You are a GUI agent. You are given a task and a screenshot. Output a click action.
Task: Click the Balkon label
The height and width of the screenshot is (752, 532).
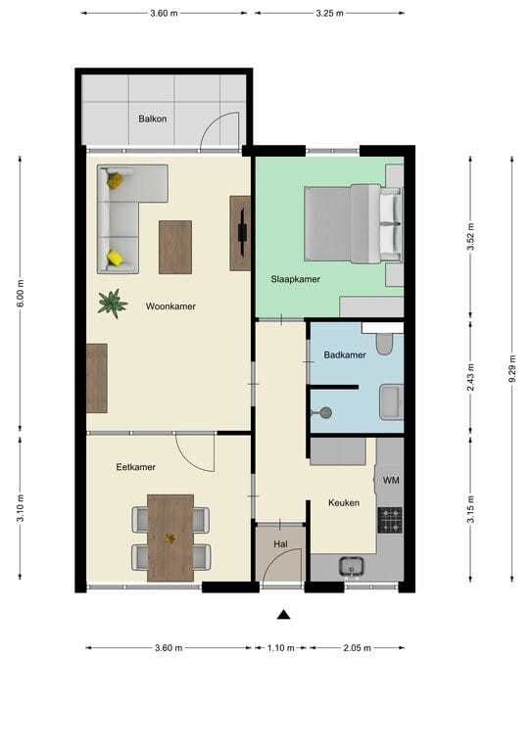[153, 118]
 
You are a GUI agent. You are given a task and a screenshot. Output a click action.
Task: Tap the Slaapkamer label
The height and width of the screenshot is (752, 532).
[296, 279]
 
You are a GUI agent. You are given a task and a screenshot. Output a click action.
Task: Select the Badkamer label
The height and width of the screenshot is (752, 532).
[345, 354]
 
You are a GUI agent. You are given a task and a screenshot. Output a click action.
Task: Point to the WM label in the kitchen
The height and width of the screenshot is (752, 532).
[391, 480]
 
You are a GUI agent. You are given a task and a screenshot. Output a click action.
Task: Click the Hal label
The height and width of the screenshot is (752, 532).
[280, 543]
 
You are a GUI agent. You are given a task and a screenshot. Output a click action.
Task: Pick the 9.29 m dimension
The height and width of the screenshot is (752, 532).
[511, 369]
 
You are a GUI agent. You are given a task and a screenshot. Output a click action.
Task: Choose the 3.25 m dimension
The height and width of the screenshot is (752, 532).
[329, 14]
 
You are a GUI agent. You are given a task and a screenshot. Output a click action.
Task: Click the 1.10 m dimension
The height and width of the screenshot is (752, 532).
[280, 648]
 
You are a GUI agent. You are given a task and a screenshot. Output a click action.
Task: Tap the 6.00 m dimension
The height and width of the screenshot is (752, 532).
[21, 293]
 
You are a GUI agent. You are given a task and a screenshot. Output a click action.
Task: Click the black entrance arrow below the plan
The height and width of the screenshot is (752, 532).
[283, 615]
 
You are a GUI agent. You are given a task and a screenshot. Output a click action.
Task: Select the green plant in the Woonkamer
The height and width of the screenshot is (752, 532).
[113, 304]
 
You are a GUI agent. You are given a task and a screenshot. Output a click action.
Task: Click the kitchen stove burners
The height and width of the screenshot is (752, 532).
[390, 520]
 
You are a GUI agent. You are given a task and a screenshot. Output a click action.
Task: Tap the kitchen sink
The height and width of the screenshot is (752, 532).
[351, 566]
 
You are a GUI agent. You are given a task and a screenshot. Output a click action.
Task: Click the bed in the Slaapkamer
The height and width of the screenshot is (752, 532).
[353, 223]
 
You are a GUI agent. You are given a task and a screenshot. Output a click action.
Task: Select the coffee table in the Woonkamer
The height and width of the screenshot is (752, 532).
[175, 247]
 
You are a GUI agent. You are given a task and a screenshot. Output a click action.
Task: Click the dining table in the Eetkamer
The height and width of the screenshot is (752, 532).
[170, 539]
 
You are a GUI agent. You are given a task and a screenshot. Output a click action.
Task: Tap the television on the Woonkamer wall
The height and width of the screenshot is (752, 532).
[243, 232]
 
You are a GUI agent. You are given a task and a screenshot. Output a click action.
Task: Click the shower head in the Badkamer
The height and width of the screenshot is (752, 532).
[324, 412]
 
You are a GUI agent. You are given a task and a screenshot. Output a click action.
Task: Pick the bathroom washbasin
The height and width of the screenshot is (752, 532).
[391, 401]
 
